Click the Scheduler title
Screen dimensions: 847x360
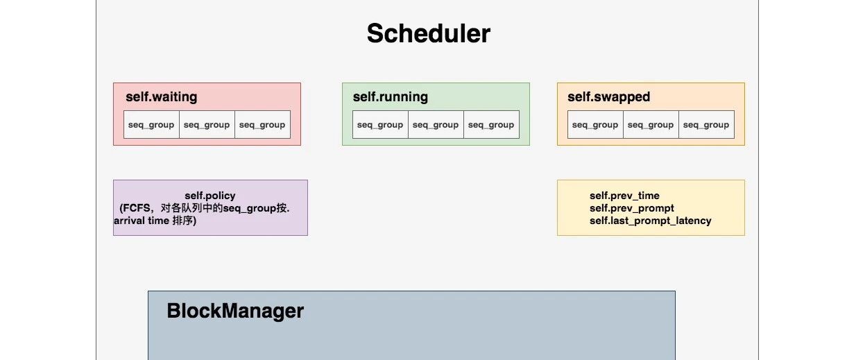pos(429,34)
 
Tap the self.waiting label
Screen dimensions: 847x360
pos(162,97)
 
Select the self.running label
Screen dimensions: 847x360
pos(391,97)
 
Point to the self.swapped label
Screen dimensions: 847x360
pos(609,97)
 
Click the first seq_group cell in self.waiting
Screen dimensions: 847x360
pos(151,124)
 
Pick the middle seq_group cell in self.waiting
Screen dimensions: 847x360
pos(207,124)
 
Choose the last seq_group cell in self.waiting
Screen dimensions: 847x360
pos(262,124)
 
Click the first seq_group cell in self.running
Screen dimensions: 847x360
pos(380,124)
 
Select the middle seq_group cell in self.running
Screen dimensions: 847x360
pos(436,124)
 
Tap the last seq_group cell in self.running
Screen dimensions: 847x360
pos(492,124)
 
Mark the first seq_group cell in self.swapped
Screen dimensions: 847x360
pos(595,124)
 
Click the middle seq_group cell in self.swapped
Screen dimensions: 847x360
pos(651,124)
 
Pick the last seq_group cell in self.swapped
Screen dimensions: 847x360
pos(706,124)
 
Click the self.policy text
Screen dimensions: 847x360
pos(210,196)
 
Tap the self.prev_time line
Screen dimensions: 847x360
pos(624,196)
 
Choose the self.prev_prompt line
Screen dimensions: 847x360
pos(631,208)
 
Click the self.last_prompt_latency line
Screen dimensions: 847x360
pos(651,221)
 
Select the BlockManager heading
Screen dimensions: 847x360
pos(235,311)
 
